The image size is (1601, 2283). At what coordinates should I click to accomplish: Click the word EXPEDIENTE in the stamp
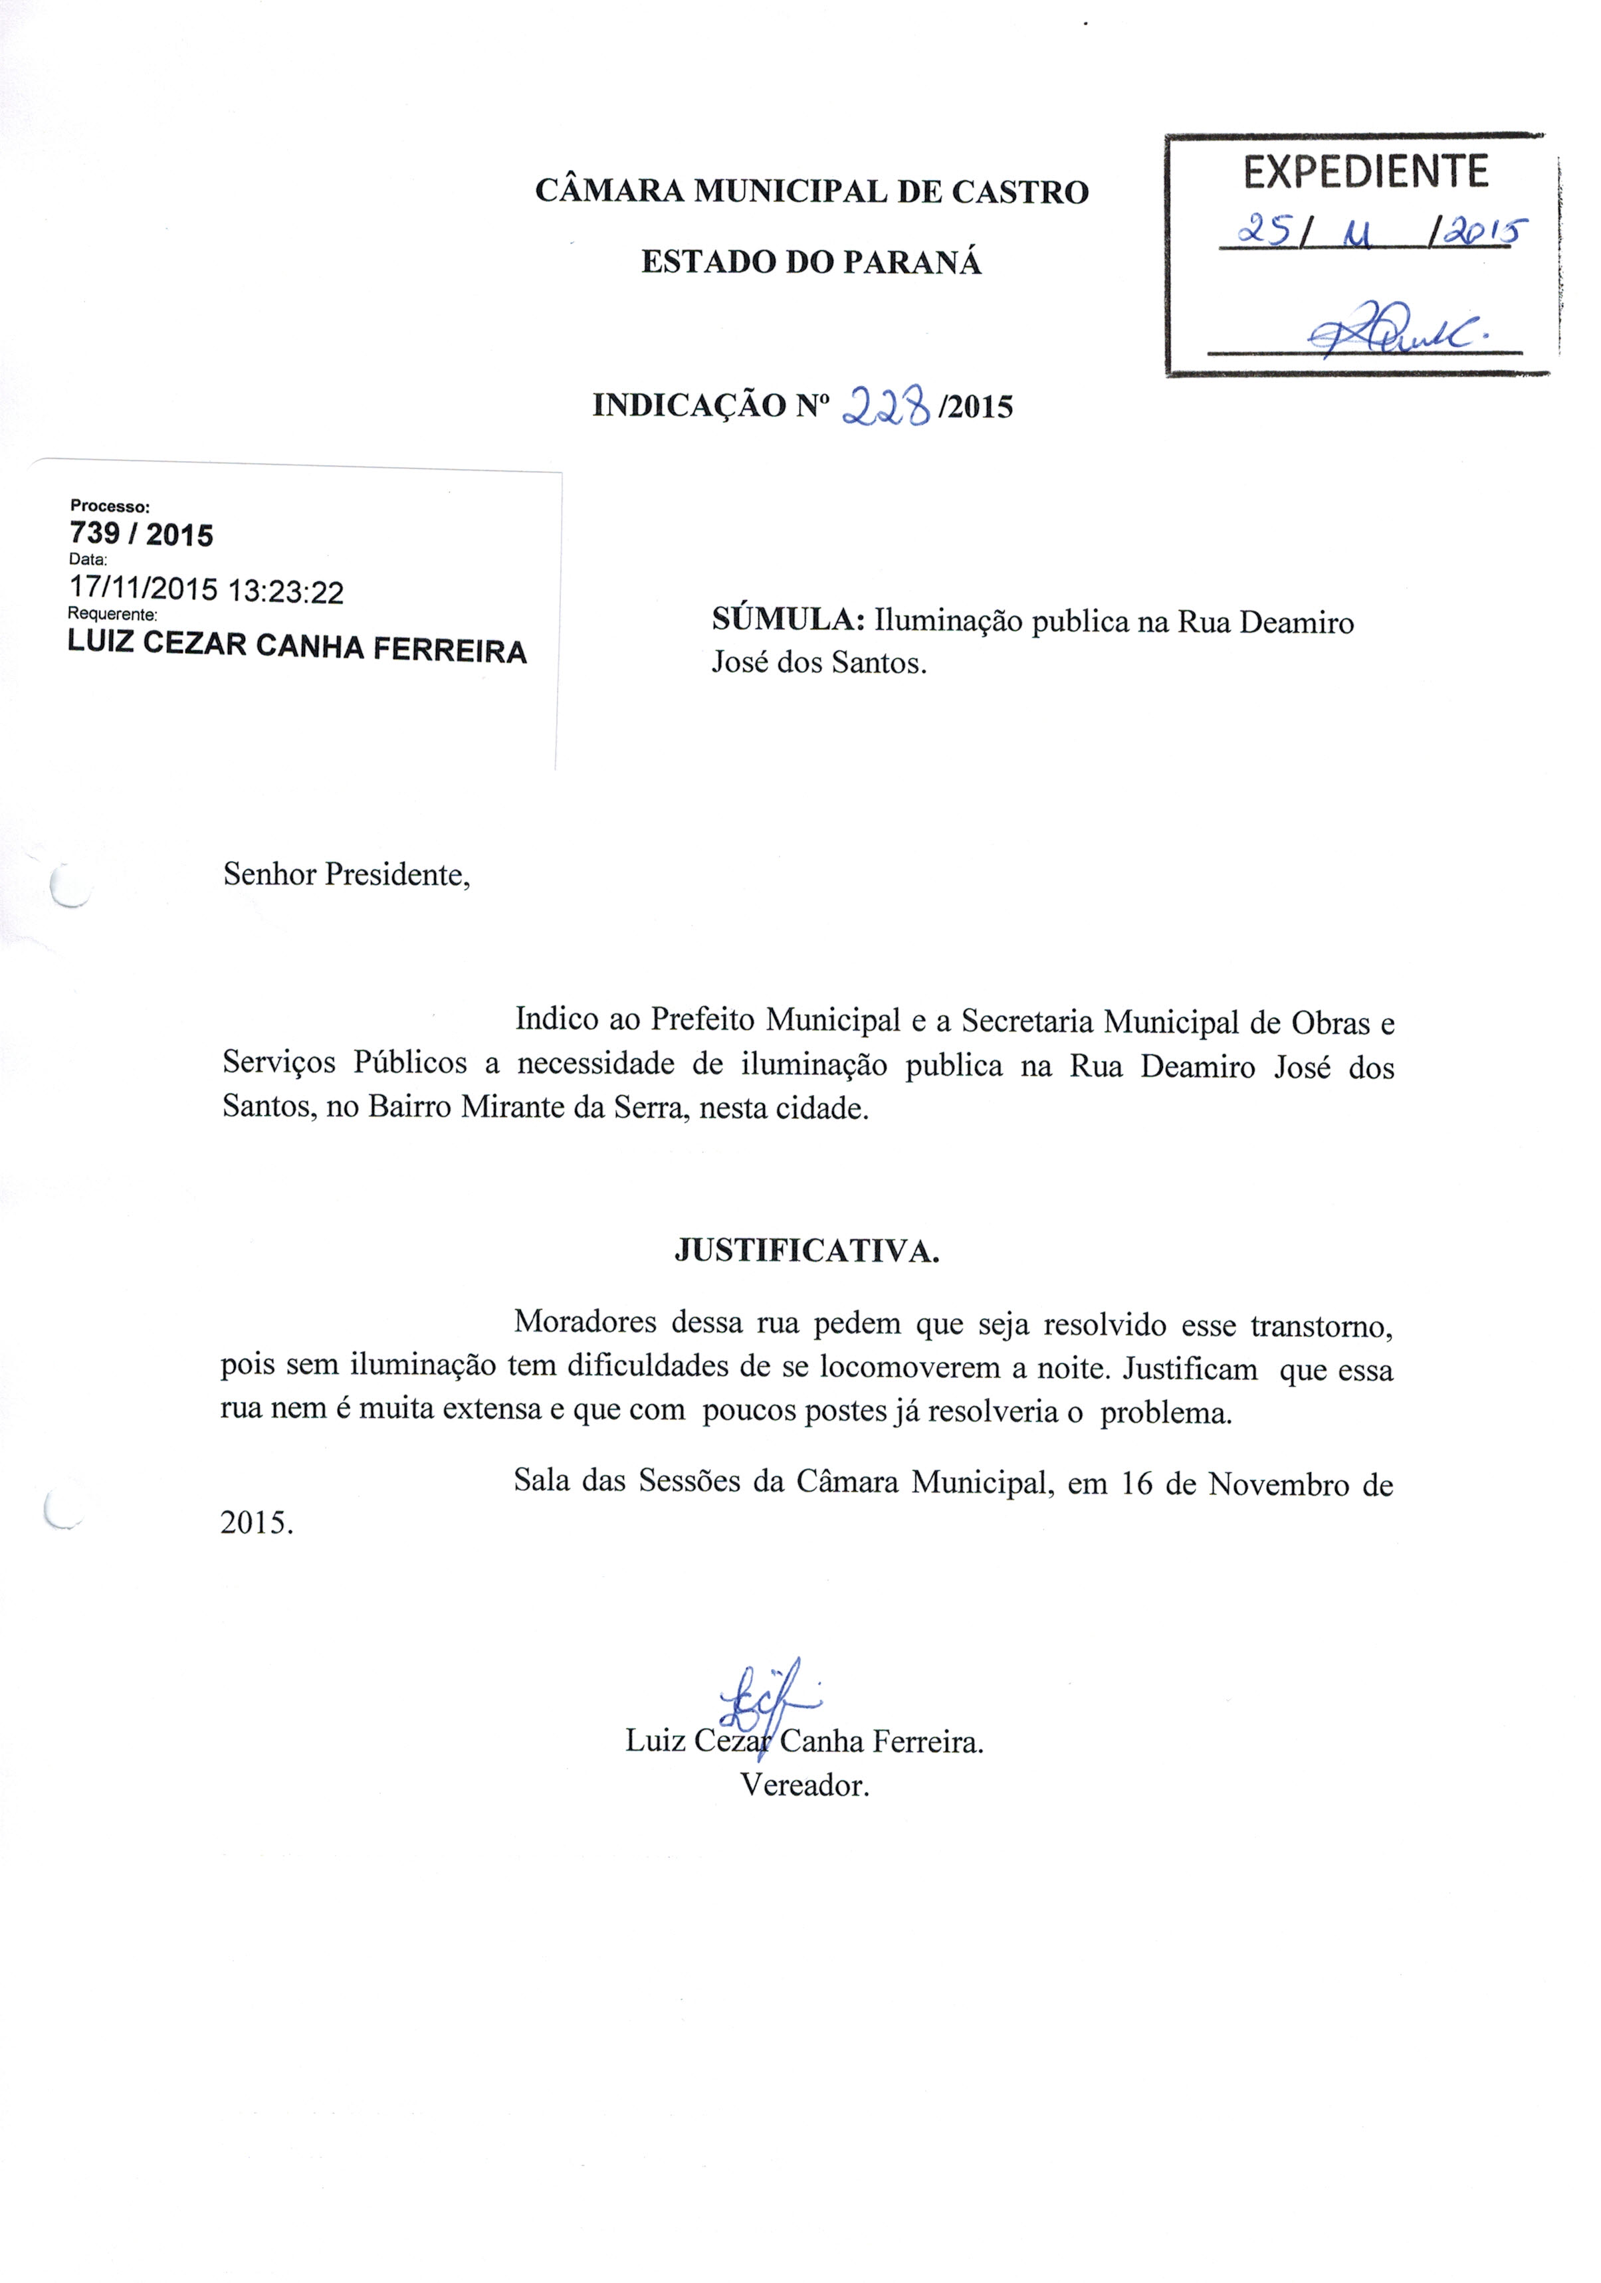[x=1364, y=173]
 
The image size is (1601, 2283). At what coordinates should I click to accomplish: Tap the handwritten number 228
[x=886, y=406]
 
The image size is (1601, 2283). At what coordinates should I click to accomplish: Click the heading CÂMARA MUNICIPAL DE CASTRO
[x=811, y=191]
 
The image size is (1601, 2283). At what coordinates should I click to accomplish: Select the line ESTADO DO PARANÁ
[x=811, y=262]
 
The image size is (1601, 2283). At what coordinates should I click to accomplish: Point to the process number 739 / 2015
[x=141, y=535]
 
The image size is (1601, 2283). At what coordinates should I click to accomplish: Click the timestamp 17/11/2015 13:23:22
[x=207, y=591]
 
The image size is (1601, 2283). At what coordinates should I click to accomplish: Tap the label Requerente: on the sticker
[x=112, y=615]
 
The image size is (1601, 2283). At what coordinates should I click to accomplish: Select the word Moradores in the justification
[x=585, y=1322]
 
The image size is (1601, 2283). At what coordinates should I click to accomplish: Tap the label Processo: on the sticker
[x=110, y=506]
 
